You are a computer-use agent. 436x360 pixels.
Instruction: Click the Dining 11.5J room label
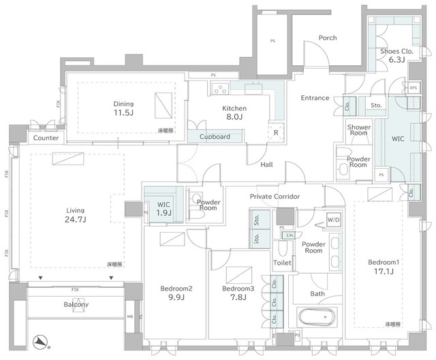123,109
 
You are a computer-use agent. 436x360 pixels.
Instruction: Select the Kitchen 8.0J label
234,113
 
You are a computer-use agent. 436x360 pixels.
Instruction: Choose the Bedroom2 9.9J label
176,293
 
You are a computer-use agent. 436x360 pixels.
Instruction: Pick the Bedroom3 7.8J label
238,293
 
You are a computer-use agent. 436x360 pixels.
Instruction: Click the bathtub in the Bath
317,317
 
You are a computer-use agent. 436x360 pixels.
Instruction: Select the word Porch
328,38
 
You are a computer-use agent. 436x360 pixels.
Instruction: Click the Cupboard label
215,137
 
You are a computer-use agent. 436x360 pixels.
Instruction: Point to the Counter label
46,138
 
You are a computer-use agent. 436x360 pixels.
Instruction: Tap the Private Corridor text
275,197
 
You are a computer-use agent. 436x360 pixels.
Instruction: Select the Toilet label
282,263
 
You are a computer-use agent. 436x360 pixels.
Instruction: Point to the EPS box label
413,87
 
